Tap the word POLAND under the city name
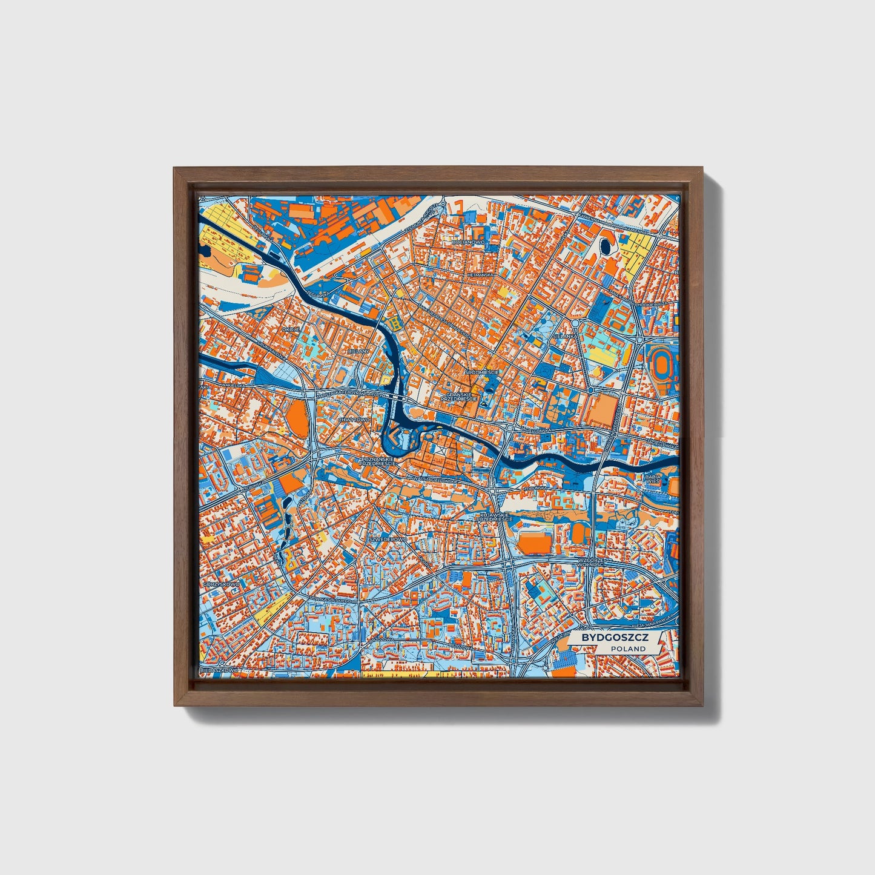628,649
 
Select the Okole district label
291,329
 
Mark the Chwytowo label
354,419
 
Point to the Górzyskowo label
222,584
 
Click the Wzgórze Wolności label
596,563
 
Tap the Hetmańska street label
481,274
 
